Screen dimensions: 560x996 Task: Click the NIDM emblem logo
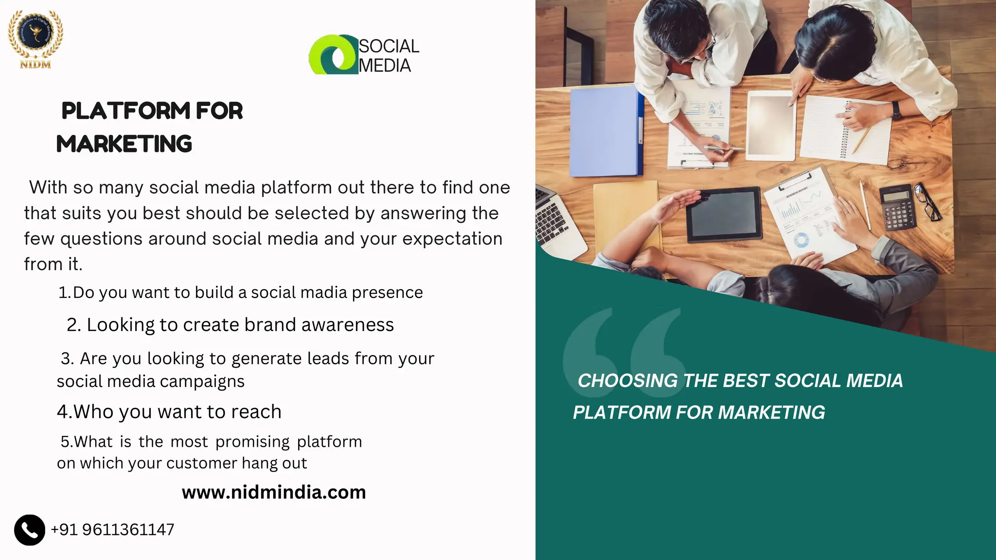point(35,38)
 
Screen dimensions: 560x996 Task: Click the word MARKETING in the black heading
point(124,144)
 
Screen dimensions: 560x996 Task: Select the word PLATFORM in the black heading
point(126,111)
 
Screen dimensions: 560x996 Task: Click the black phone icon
point(30,530)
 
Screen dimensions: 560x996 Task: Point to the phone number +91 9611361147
point(112,530)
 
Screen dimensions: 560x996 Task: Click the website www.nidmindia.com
point(274,492)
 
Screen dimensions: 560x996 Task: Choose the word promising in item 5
point(252,442)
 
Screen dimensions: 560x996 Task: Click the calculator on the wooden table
point(897,207)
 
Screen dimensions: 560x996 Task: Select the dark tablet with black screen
point(724,214)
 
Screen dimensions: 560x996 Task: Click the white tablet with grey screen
point(770,125)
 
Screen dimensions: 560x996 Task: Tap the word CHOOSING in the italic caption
point(627,381)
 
